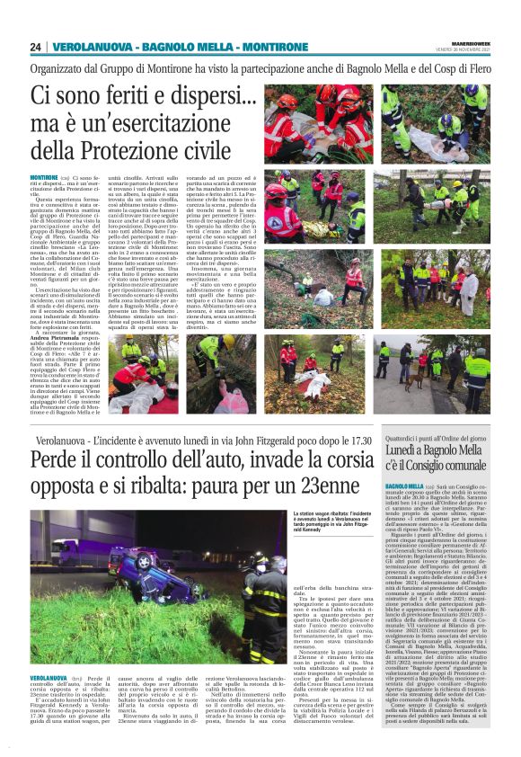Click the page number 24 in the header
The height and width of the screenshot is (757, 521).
[36, 47]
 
